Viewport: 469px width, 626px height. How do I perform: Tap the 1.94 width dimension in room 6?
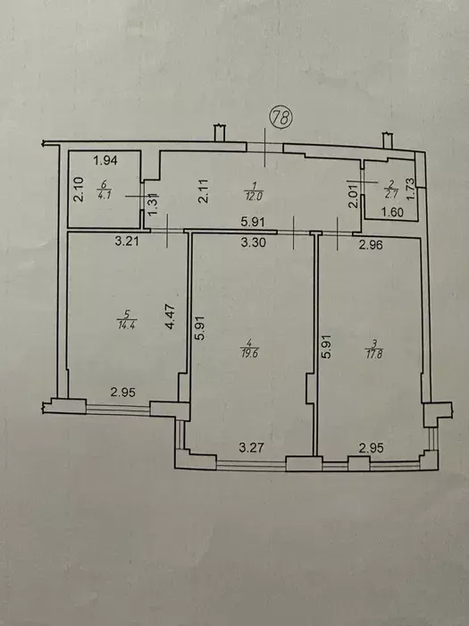pyautogui.click(x=105, y=160)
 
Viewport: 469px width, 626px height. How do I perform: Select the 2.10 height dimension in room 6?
pyautogui.click(x=80, y=190)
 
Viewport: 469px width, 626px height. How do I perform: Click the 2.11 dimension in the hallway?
pyautogui.click(x=204, y=190)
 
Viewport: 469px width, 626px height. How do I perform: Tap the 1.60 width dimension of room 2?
pyautogui.click(x=393, y=213)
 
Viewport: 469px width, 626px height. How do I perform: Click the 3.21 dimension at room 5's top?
pyautogui.click(x=127, y=241)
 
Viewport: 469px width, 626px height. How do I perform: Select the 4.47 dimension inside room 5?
pyautogui.click(x=171, y=317)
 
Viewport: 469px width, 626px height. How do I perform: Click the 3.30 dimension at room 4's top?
pyautogui.click(x=254, y=242)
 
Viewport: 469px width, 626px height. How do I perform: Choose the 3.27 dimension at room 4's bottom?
pyautogui.click(x=251, y=447)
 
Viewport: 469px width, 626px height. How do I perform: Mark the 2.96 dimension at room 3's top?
pyautogui.click(x=371, y=244)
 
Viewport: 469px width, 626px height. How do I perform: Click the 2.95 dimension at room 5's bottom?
pyautogui.click(x=123, y=392)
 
